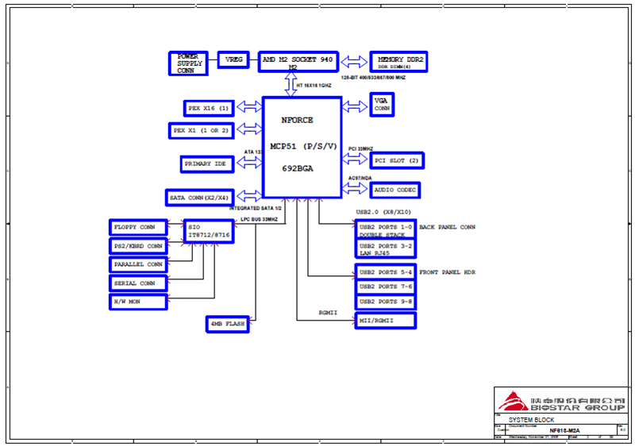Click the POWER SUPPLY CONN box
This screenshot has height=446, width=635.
pos(188,63)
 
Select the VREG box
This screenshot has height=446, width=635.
pos(234,60)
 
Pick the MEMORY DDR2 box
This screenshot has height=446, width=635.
pos(400,62)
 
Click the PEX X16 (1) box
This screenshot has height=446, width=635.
pos(208,108)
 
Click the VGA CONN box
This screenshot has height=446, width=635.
pos(382,105)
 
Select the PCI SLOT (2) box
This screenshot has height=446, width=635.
pos(397,161)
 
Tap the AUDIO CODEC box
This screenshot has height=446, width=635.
pos(394,190)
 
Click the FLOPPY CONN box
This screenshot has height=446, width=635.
pos(138,228)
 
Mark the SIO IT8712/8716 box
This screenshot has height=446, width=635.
pos(209,232)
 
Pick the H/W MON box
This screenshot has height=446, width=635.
pos(138,302)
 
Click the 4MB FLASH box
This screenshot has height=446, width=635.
pos(227,324)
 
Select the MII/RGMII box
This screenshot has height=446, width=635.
pos(386,321)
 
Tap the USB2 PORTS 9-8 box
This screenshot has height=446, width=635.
pos(386,302)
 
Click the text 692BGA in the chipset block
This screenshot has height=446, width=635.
pos(298,169)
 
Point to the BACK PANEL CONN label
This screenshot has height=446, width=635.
pos(448,227)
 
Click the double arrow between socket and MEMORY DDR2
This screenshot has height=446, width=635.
pos(354,61)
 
